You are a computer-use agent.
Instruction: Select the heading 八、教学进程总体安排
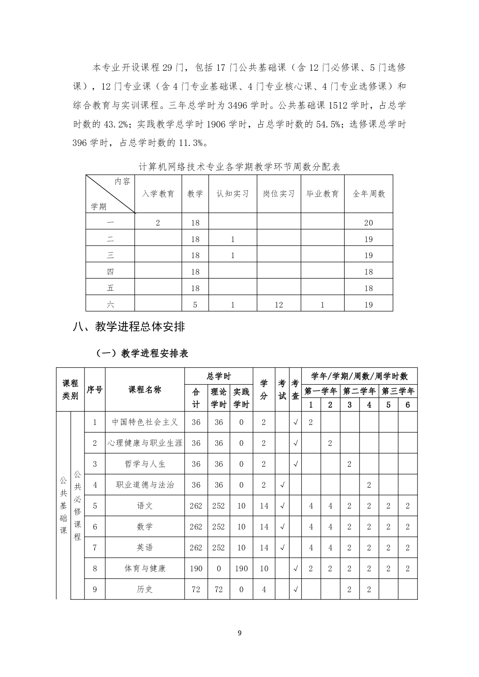point(129,326)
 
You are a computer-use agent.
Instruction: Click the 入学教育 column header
point(158,194)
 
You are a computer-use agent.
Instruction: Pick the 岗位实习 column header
point(279,194)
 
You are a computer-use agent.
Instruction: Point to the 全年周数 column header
point(368,194)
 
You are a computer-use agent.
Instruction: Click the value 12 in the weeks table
point(279,305)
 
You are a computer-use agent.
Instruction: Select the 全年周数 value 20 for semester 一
point(368,223)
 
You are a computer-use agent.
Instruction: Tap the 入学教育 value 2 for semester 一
point(158,223)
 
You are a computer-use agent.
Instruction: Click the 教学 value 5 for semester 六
point(195,305)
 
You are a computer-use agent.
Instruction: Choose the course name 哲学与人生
point(145,464)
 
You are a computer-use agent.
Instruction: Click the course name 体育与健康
point(145,568)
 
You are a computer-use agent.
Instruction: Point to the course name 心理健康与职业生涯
point(145,443)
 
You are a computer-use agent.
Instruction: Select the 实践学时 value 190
point(241,568)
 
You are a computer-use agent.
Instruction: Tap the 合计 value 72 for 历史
point(196,589)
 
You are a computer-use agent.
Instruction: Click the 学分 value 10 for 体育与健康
point(264,568)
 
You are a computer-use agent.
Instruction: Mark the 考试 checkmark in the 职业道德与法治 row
point(282,485)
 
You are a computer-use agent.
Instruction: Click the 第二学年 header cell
point(359,391)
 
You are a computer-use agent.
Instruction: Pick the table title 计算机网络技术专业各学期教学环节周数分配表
point(239,167)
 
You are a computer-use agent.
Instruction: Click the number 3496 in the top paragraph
point(238,105)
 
